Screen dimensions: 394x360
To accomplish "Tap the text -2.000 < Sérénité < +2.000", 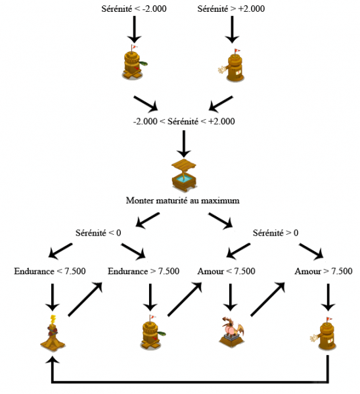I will (x=183, y=121).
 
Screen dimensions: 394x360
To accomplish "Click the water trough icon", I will (x=183, y=173).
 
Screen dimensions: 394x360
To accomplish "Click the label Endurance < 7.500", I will (x=49, y=271).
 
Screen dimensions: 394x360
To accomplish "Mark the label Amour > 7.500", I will (x=323, y=271).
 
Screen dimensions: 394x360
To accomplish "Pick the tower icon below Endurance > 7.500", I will (x=150, y=334).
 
